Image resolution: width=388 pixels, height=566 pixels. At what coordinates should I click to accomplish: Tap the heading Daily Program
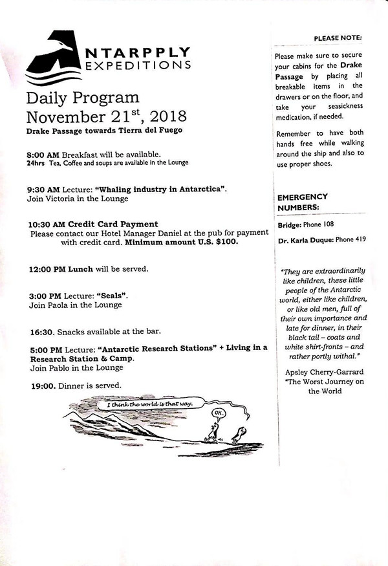coord(83,98)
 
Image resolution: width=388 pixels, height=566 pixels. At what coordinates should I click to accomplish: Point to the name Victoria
coord(64,199)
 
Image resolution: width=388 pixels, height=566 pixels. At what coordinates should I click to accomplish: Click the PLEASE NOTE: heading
coord(338,39)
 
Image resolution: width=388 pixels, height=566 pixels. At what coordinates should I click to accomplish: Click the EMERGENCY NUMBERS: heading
coord(302,202)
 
